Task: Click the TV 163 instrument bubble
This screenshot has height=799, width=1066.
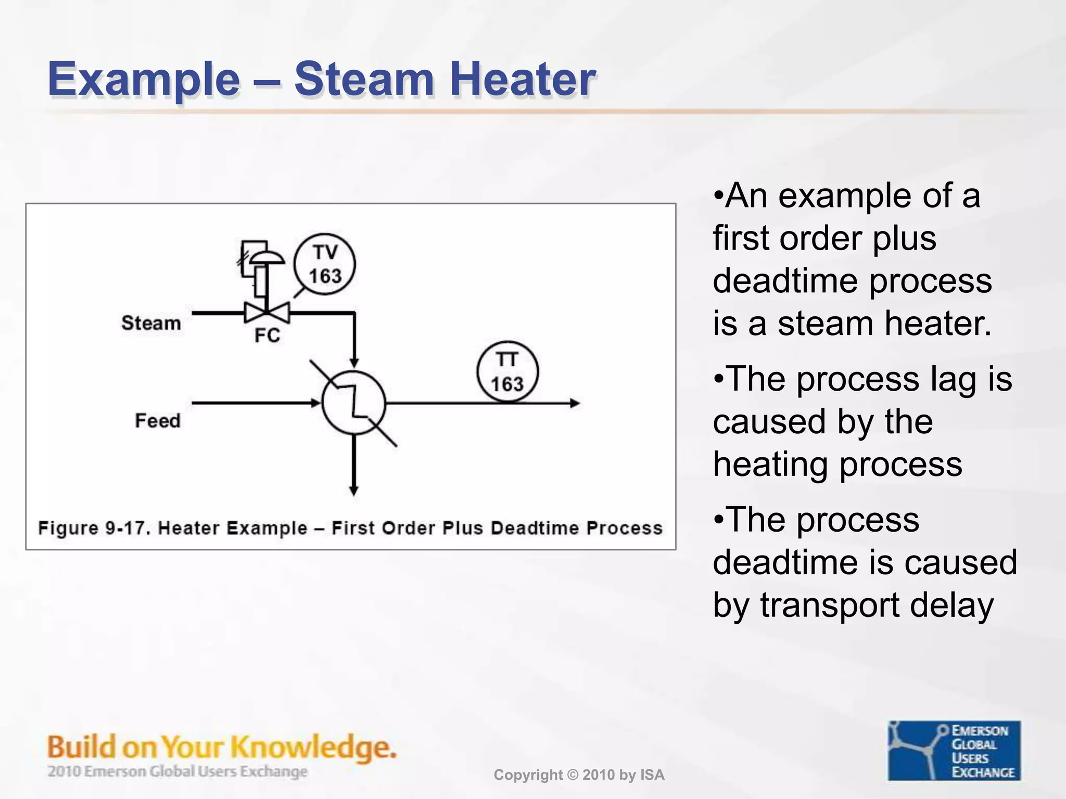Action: click(324, 264)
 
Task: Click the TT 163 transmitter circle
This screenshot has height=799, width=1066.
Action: click(507, 372)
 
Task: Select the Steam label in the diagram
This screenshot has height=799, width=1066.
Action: click(151, 323)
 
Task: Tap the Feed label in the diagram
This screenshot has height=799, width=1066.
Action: click(158, 420)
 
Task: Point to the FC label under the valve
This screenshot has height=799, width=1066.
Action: click(267, 336)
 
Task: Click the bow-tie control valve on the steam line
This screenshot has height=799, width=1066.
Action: click(267, 313)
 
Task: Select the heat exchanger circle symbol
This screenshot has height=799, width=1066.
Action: click(354, 403)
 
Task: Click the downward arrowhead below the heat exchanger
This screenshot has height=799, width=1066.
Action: click(354, 490)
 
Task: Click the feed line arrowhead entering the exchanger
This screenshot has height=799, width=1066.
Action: click(315, 403)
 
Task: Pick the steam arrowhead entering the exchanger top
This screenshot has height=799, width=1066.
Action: click(354, 363)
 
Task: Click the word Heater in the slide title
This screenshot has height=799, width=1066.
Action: click(523, 80)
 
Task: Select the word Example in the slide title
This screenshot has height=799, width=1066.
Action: click(144, 80)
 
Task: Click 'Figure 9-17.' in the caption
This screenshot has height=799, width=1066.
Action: click(94, 528)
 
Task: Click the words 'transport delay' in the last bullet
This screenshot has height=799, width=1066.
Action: click(877, 605)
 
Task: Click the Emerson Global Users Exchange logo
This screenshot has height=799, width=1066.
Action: click(954, 751)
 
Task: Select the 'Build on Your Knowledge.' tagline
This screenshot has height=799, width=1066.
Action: click(222, 748)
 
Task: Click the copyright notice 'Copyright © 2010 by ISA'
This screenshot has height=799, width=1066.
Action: click(579, 775)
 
